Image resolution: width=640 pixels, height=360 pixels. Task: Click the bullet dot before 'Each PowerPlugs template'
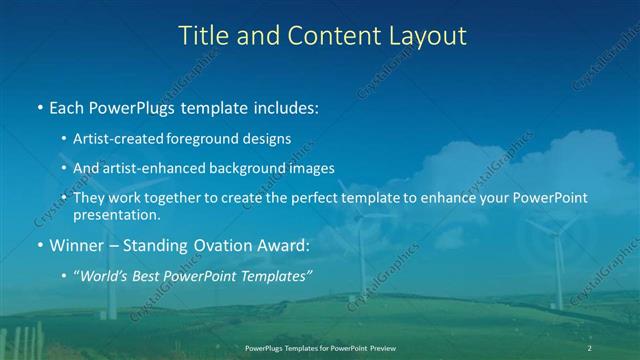[x=39, y=106]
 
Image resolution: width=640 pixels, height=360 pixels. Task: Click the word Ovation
[x=218, y=244]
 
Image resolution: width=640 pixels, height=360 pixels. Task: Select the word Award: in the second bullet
[x=281, y=244]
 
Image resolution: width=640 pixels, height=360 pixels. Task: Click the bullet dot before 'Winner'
[x=39, y=245]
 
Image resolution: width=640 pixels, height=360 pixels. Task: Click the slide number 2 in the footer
[x=590, y=347]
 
